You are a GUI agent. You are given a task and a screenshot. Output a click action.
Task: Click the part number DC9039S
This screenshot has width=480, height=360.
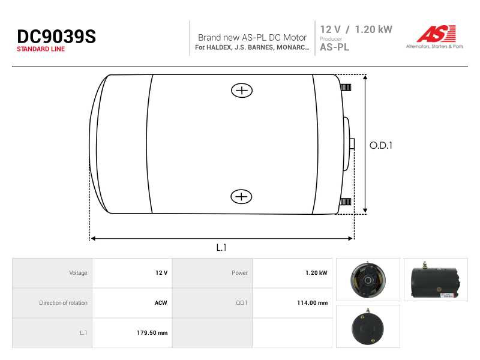point(56,37)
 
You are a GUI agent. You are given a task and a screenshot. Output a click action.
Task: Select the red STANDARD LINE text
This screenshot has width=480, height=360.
point(41,49)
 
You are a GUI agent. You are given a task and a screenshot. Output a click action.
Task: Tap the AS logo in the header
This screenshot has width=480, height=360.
point(436,34)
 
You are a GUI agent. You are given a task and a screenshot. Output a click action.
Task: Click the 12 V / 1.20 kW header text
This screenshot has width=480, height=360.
point(356,29)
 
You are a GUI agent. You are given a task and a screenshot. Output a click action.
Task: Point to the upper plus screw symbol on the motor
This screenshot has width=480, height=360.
point(242,91)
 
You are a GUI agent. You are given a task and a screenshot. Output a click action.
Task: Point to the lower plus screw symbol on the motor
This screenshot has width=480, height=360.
point(241,197)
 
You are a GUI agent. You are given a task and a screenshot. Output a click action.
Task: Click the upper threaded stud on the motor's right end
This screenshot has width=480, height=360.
point(346,88)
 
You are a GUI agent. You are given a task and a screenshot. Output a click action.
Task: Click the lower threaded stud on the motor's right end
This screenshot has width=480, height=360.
point(345,202)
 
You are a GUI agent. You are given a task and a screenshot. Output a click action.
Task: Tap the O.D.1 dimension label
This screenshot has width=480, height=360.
point(381,145)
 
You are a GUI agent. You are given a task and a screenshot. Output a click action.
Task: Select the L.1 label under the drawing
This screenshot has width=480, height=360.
point(221,247)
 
